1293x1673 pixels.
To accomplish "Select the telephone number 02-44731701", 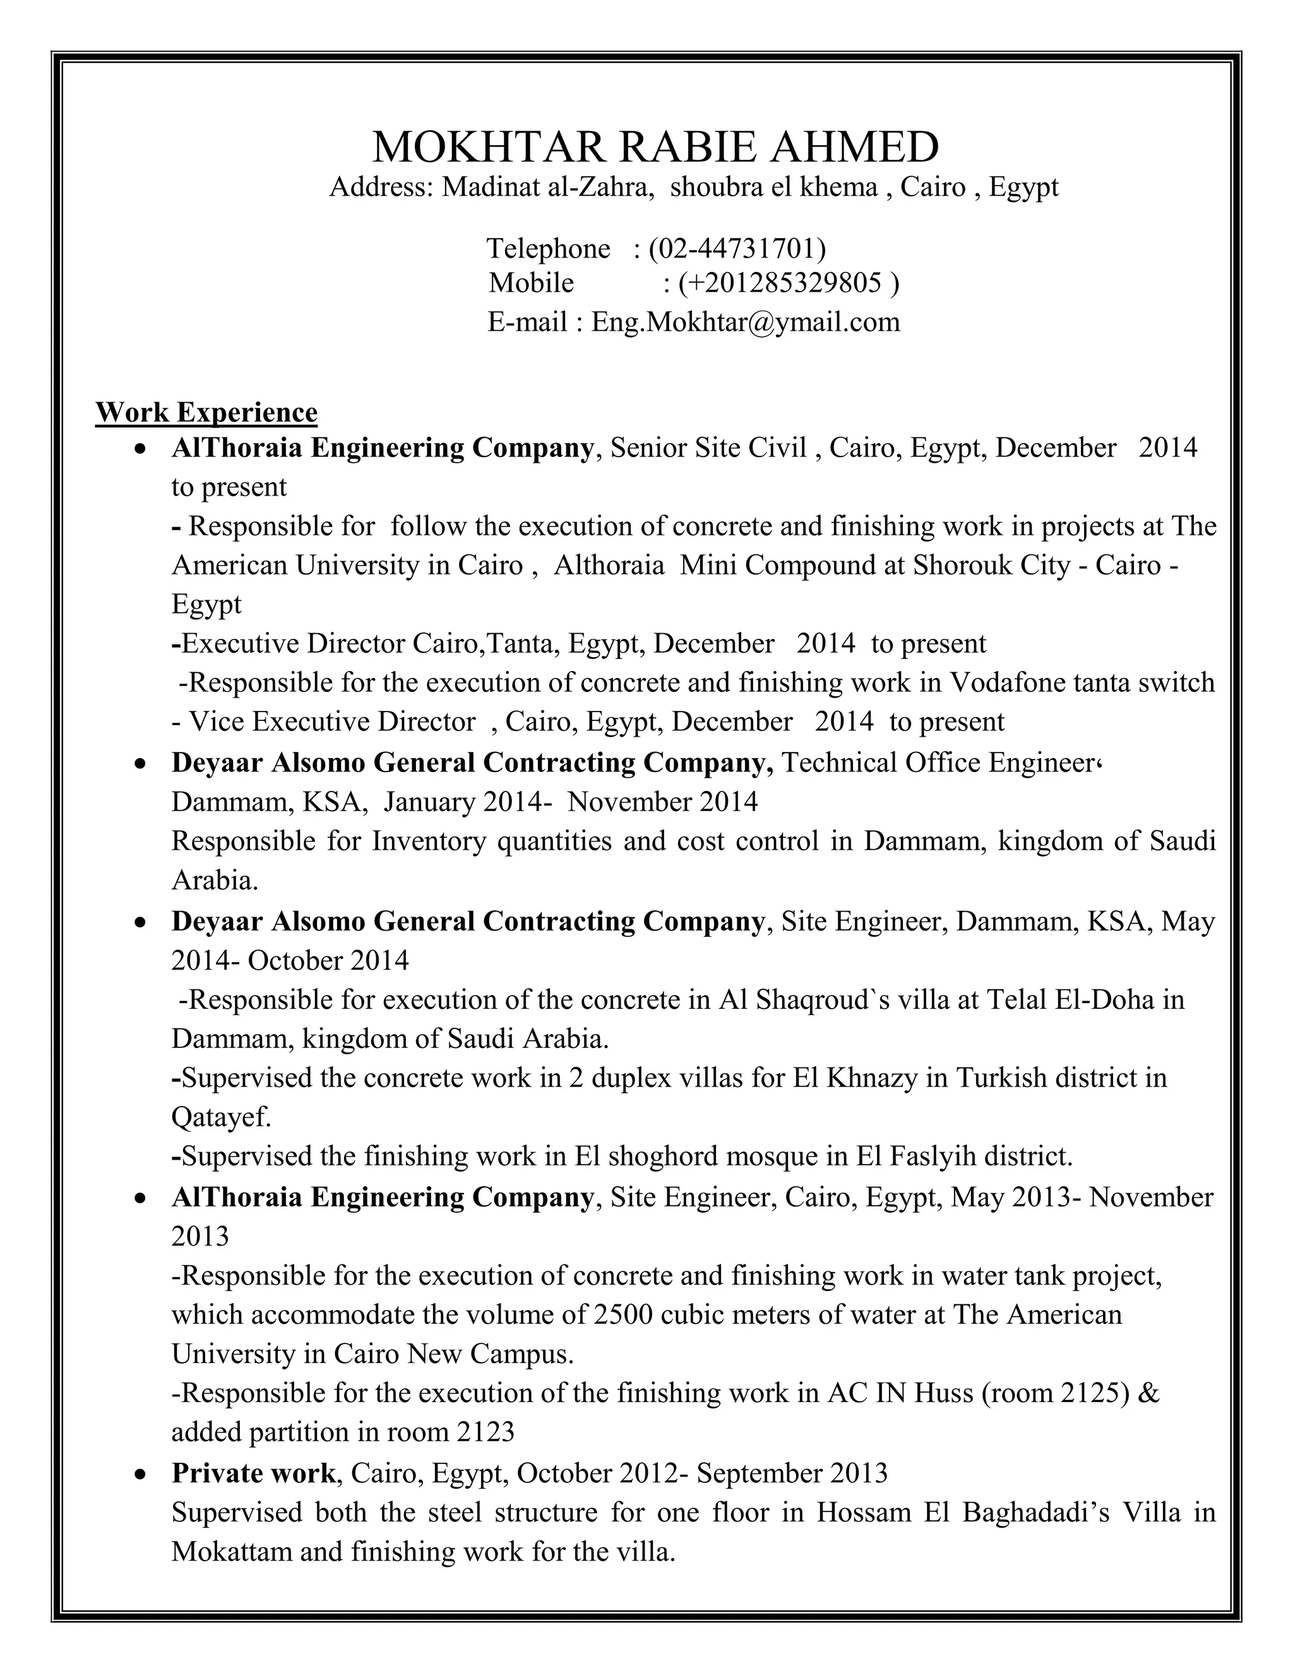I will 737,248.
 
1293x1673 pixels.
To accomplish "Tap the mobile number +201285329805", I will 784,283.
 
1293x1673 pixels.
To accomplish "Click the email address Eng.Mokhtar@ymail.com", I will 746,322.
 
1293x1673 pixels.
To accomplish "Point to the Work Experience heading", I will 206,412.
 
